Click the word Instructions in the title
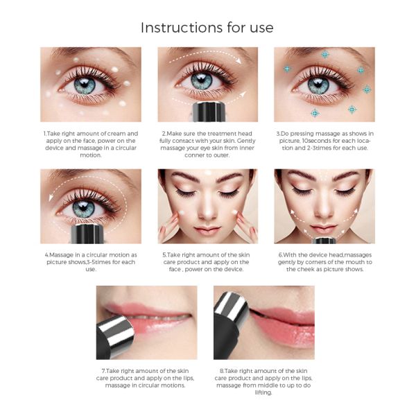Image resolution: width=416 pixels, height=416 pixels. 182,28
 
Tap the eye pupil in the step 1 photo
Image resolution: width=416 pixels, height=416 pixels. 85,85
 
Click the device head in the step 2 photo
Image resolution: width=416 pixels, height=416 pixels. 209,111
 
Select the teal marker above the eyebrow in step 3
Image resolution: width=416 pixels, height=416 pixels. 325,55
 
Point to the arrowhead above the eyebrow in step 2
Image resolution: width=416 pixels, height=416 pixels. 239,60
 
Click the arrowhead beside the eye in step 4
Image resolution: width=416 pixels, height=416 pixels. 51,197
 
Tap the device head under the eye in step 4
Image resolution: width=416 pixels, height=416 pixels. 87,234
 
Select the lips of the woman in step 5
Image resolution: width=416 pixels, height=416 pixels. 207,229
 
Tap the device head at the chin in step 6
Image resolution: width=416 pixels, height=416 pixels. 324,241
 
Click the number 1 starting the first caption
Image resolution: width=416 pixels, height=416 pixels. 44,133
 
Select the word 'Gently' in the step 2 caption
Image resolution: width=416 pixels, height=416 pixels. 246,141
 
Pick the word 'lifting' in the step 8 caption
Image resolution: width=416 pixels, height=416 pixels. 263,392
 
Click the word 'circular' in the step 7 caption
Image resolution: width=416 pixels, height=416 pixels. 153,385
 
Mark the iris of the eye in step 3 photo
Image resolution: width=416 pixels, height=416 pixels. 318,85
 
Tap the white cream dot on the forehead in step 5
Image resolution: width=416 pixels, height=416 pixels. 208,173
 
